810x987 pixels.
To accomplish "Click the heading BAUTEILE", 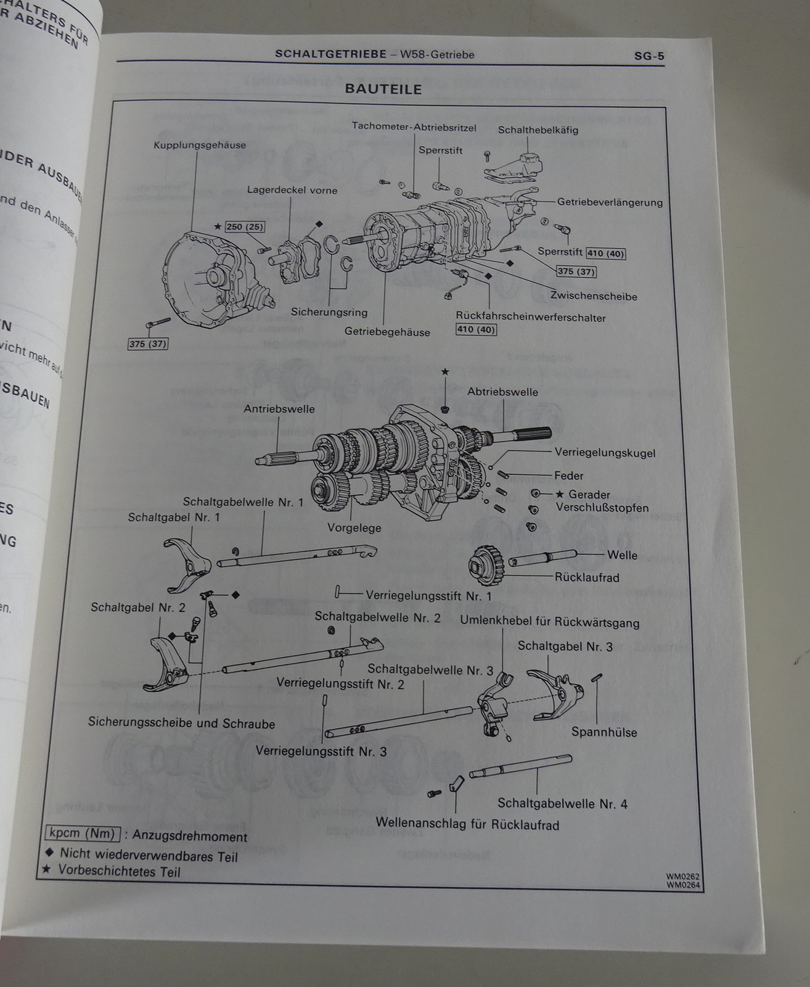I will coord(383,89).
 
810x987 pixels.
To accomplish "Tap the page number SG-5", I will coord(649,56).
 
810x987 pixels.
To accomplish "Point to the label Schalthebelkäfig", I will coord(538,130).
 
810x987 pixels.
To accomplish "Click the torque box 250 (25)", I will coord(244,227).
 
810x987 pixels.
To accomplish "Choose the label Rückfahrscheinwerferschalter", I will coord(531,318).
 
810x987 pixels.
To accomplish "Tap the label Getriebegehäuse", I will coord(387,332).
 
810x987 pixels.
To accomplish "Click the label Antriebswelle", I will coord(279,409).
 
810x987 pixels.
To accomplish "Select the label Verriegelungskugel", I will coord(605,453).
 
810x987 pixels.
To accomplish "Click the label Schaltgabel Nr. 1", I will coord(173,518).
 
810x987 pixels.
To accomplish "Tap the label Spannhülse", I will coord(604,733).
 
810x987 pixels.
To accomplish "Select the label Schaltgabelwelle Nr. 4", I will coord(562,804).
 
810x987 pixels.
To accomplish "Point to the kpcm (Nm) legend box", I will coord(83,834).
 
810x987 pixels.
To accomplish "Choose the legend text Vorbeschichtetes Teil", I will coord(119,872).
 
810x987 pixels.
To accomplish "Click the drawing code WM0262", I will coord(683,877).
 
